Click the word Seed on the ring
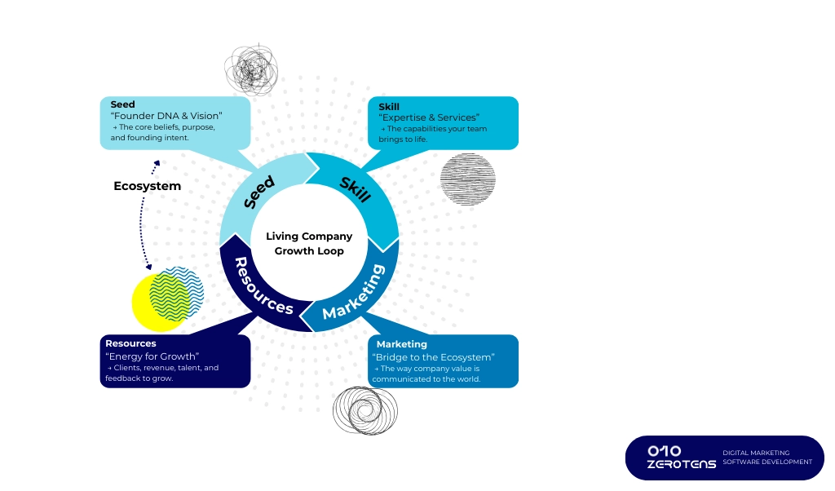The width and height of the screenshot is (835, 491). pos(260,192)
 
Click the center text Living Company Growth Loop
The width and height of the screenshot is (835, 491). pos(309,244)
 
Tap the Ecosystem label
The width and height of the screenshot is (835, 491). pos(147,186)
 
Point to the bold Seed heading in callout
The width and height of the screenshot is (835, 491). pos(122,104)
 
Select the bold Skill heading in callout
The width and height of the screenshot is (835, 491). pos(389,107)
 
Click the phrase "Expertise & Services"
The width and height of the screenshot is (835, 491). pos(429,118)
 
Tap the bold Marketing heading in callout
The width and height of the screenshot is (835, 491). pos(401,344)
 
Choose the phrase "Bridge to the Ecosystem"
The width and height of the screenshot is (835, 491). pos(433,357)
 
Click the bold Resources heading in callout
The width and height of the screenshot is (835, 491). pos(130,343)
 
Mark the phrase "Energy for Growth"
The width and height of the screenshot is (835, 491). pos(152,356)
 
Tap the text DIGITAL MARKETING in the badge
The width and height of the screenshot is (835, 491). pos(756,453)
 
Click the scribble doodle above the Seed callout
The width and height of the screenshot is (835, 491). pos(251,69)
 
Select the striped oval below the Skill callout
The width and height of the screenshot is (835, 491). pos(467,178)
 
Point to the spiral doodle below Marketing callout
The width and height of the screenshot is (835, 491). pos(364,409)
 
